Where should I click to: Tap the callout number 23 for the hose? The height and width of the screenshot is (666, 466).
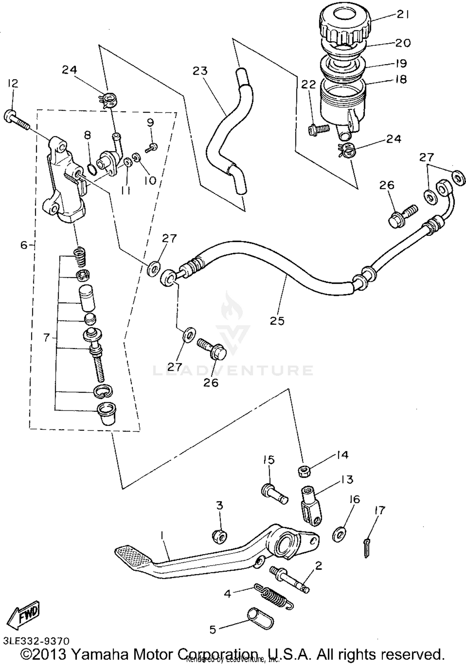[x=200, y=71]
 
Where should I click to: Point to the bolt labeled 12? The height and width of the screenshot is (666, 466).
[x=16, y=121]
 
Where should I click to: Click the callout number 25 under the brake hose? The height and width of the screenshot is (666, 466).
[x=277, y=321]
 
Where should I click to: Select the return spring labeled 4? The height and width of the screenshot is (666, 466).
[x=273, y=596]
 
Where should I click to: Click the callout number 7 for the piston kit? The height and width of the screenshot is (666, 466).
[x=46, y=338]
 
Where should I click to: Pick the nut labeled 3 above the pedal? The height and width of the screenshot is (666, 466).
[x=220, y=537]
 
